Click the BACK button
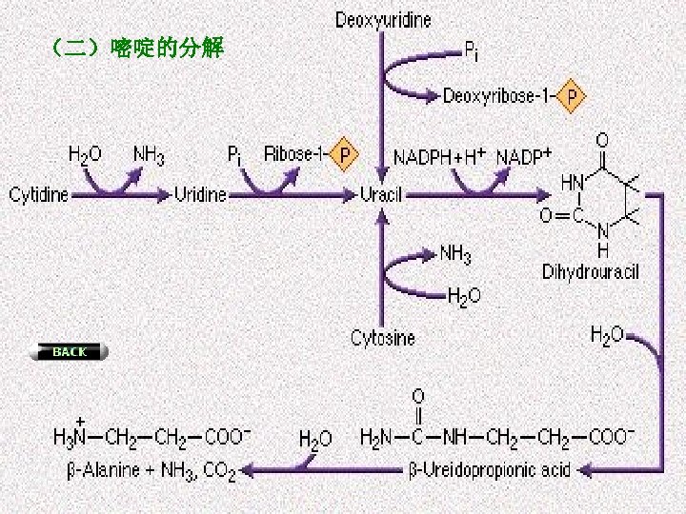tap(70, 352)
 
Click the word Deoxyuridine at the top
tap(383, 20)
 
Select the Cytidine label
tap(38, 195)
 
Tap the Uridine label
tap(200, 195)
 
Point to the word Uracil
tap(381, 195)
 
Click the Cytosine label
tap(383, 338)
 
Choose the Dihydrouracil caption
tap(591, 272)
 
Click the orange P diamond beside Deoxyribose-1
tap(572, 96)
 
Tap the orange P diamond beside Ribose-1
tap(344, 154)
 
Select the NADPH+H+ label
tap(440, 155)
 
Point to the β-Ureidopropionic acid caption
tap(489, 469)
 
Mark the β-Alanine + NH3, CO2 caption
tap(151, 469)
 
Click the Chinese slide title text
tap(134, 48)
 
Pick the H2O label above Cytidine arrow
tap(85, 154)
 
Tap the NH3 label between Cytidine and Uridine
tap(149, 154)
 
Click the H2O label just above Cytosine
tap(464, 296)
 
